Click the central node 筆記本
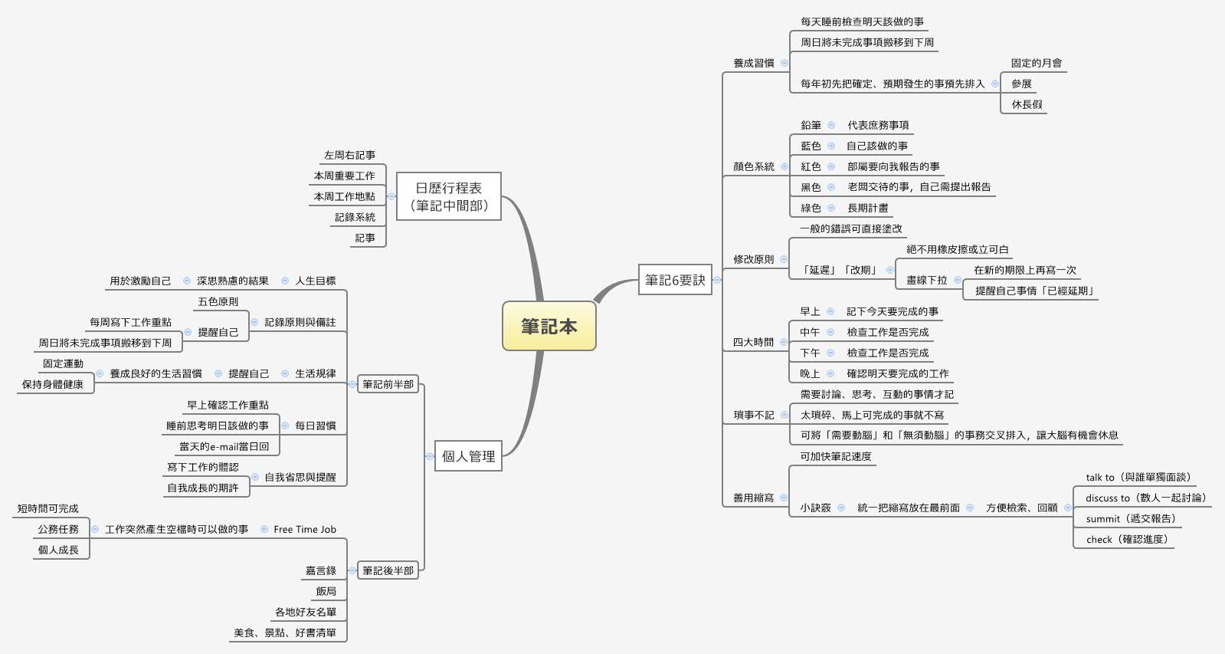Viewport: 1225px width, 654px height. [549, 326]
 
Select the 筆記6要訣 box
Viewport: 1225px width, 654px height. [675, 280]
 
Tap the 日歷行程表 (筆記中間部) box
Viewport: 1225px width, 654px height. [449, 196]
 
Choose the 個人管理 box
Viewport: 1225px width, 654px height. [468, 456]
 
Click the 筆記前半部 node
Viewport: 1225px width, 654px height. [388, 384]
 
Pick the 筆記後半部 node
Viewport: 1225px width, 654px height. [388, 570]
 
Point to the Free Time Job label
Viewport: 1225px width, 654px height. [305, 529]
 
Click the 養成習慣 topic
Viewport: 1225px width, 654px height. [754, 63]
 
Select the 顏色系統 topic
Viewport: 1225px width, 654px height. [754, 166]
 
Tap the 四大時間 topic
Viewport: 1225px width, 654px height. [754, 342]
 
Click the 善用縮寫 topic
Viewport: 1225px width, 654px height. [754, 498]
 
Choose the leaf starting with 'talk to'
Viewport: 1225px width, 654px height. [1137, 477]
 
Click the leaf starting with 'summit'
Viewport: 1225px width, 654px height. [1130, 518]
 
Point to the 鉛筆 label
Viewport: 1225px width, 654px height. [811, 125]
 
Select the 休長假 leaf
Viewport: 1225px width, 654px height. [1027, 104]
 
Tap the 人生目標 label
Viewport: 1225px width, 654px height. [316, 281]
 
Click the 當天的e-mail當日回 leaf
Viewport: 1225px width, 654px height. [224, 446]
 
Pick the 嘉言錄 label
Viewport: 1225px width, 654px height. [321, 570]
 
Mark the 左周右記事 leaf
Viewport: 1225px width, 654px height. [349, 155]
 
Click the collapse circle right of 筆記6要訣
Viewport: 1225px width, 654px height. [717, 280]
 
